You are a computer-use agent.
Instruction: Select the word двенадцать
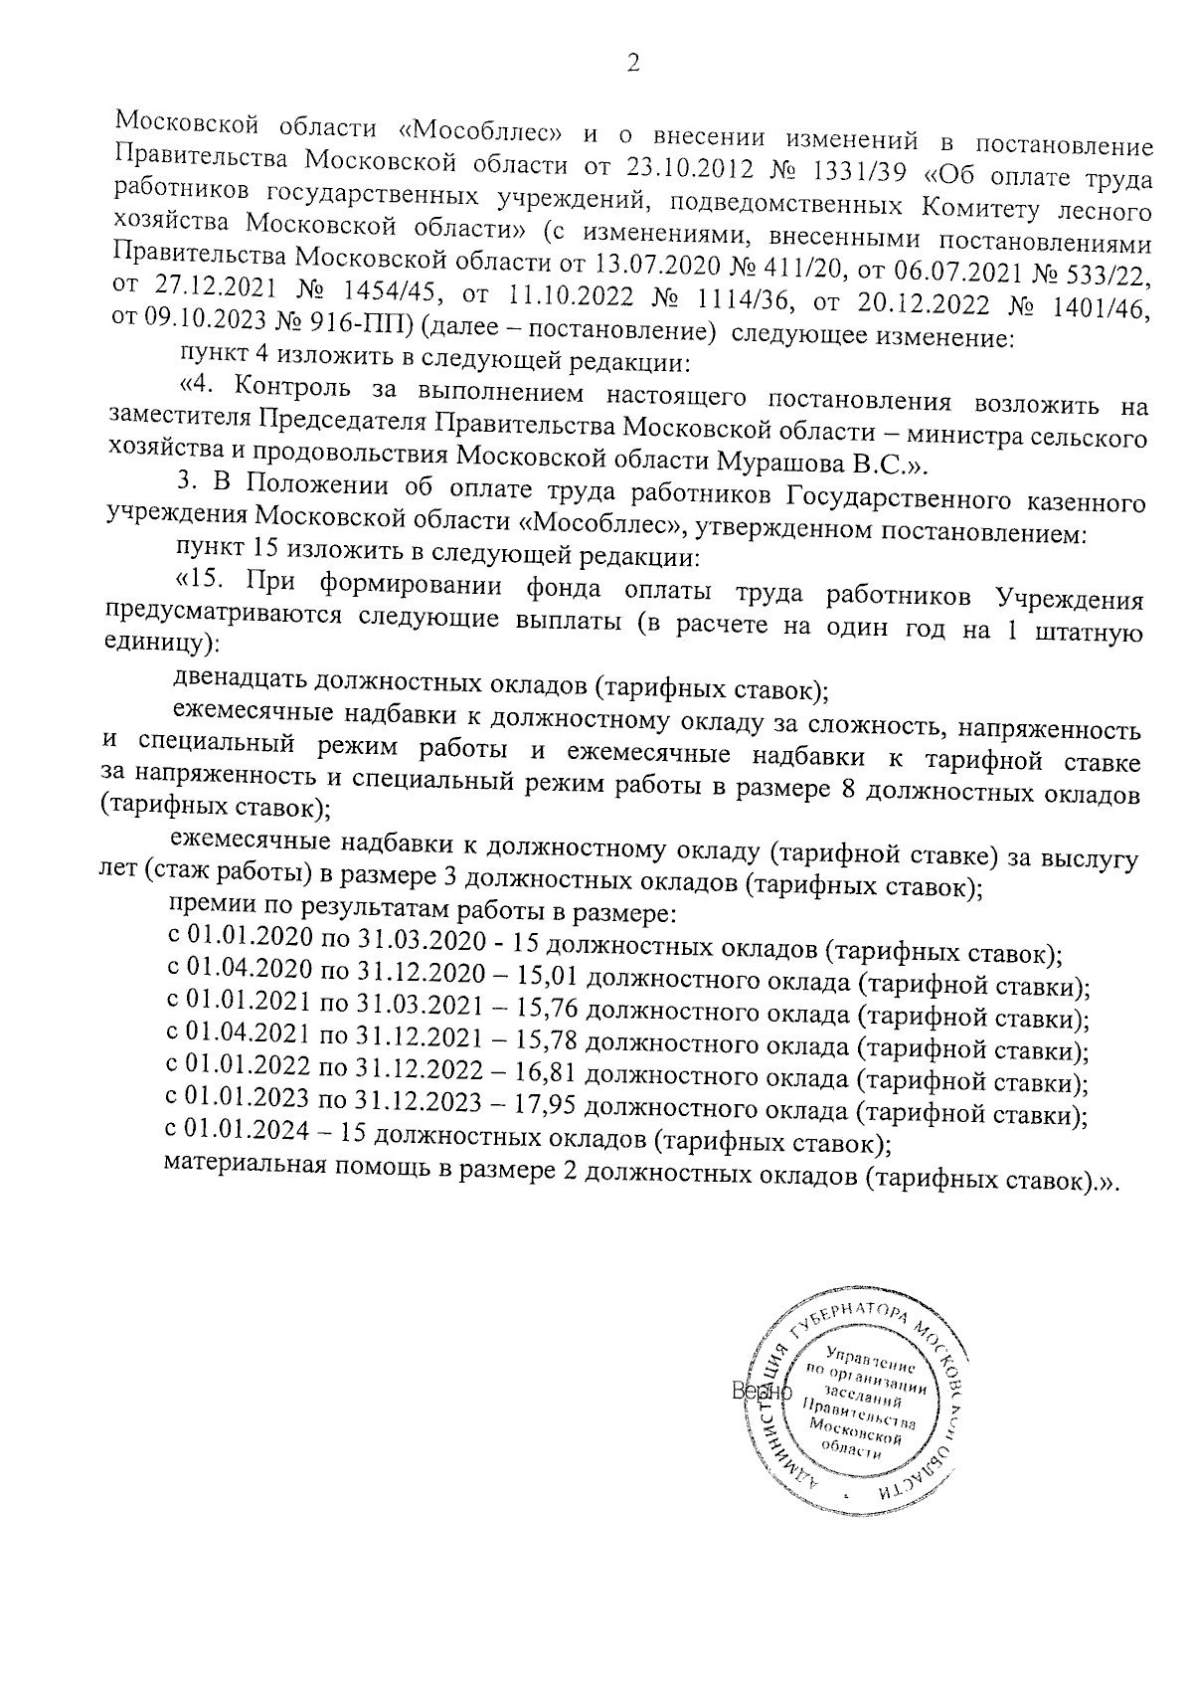point(240,681)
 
